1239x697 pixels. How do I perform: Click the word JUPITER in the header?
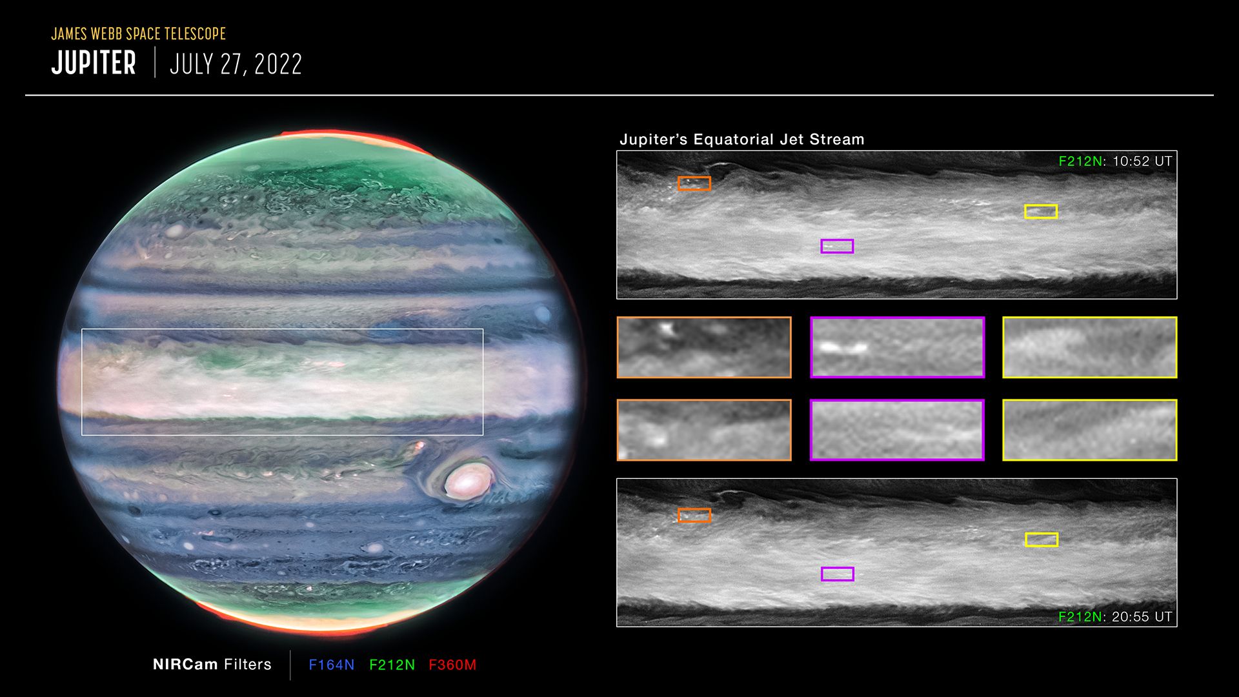(94, 63)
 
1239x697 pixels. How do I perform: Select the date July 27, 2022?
(236, 64)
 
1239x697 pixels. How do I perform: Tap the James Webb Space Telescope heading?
(139, 34)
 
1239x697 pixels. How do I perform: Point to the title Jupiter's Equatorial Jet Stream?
(741, 139)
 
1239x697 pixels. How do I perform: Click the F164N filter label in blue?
(332, 665)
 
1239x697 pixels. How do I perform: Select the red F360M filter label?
(452, 665)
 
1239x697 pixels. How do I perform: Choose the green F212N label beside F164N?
(392, 665)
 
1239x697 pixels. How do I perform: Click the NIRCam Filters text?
(212, 665)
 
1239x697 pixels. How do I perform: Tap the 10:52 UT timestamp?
(1142, 161)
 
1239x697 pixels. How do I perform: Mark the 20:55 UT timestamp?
(1142, 617)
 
